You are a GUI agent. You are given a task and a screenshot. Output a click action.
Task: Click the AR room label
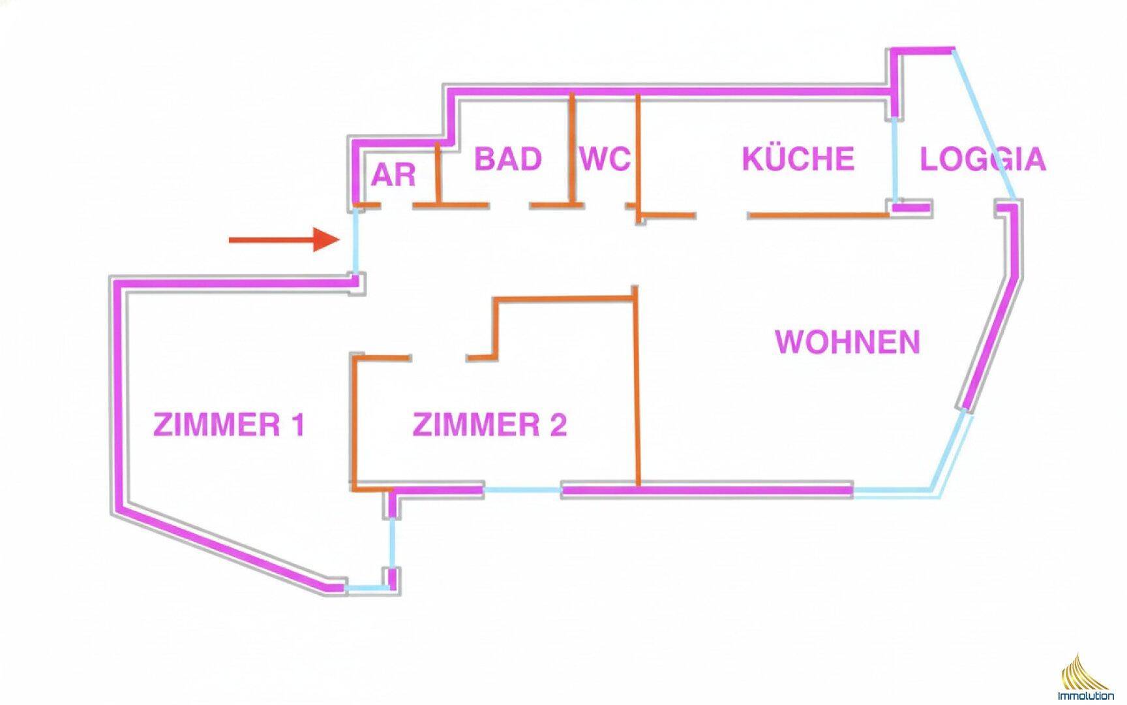point(393,175)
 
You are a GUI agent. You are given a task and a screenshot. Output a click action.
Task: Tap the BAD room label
point(507,159)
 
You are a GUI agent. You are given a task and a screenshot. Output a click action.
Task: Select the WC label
point(605,159)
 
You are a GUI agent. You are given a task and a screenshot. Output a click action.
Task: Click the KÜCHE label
point(798,159)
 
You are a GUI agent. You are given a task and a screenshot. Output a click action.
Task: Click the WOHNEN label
point(847,342)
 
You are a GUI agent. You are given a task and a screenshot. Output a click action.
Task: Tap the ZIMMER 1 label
point(229,425)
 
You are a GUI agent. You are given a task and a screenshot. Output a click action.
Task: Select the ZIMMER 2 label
point(489,425)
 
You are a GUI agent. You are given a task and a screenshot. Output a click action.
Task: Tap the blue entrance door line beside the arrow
point(355,242)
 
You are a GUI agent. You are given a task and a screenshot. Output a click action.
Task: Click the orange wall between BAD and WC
point(572,147)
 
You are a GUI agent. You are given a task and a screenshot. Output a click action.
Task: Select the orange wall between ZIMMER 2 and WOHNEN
point(637,392)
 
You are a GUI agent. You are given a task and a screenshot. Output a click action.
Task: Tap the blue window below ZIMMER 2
point(522,489)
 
